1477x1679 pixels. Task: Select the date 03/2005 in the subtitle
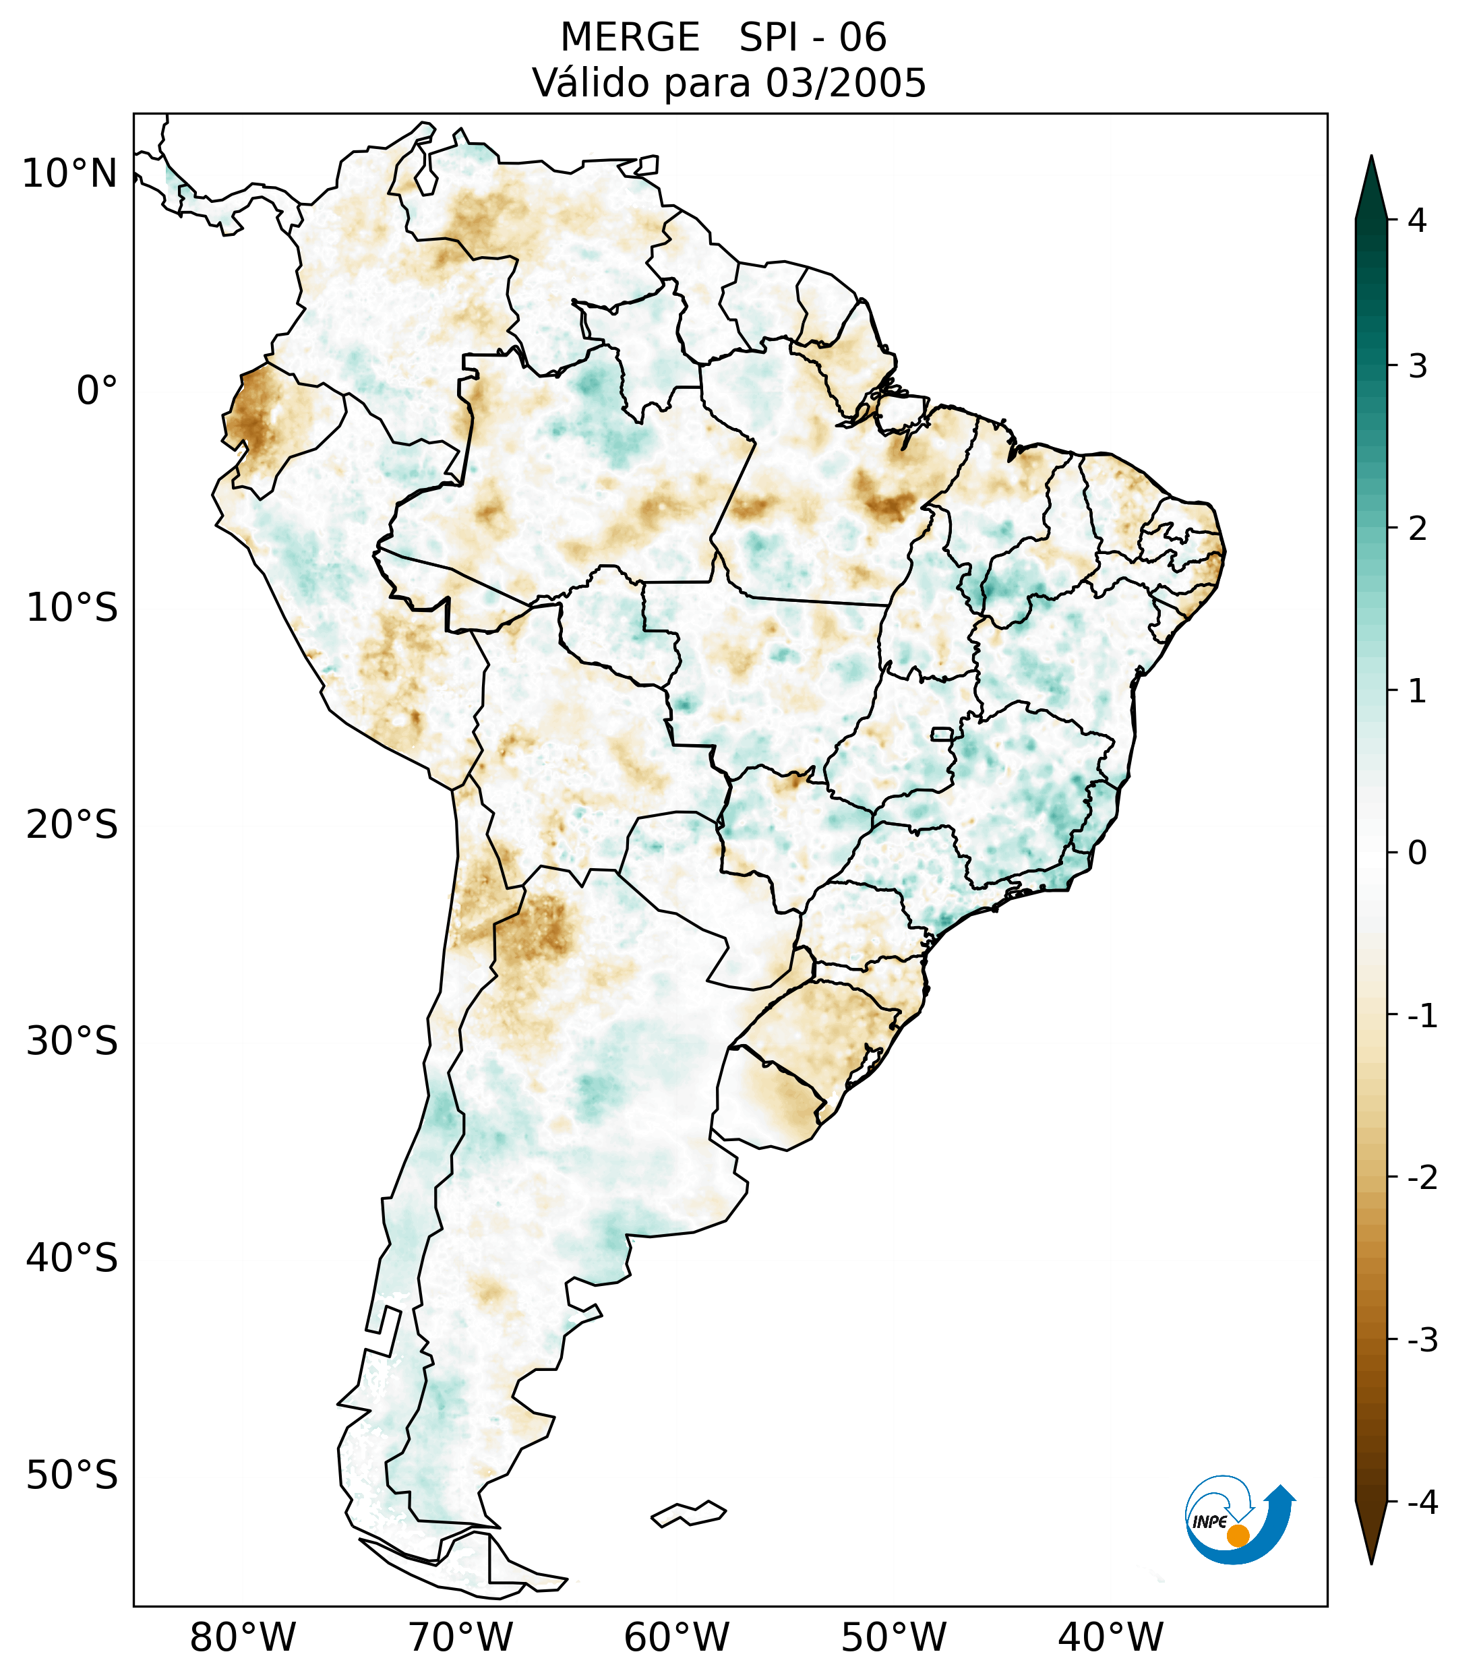(x=845, y=83)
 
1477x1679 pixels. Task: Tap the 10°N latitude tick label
(x=70, y=174)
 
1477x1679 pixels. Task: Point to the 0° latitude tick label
(x=97, y=391)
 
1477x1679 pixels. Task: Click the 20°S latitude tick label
(x=72, y=825)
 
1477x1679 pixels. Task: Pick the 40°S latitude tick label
(x=72, y=1258)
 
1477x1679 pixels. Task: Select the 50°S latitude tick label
(x=72, y=1476)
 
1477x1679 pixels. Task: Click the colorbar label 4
(x=1417, y=220)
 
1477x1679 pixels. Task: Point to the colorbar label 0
(x=1417, y=853)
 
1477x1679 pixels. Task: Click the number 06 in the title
(x=863, y=38)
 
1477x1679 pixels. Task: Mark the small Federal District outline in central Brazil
(x=942, y=733)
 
